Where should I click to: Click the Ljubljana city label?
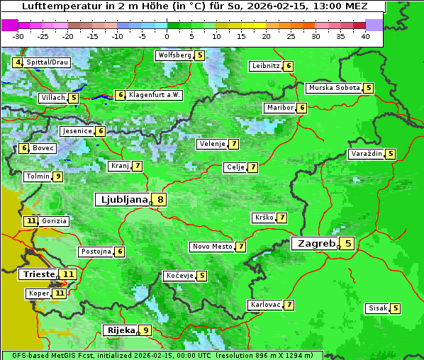click(x=122, y=200)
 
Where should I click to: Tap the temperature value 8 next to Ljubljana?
click(x=161, y=200)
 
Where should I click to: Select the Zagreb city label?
click(x=315, y=244)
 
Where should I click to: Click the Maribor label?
click(x=278, y=108)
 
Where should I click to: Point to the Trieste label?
click(x=39, y=274)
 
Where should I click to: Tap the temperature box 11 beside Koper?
click(x=60, y=293)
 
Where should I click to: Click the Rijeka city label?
click(x=120, y=330)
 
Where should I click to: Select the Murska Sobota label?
click(x=333, y=88)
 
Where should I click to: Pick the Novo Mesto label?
click(x=212, y=247)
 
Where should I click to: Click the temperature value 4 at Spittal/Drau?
click(x=17, y=62)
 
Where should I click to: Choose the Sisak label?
click(x=377, y=308)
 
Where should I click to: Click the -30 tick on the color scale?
click(x=18, y=36)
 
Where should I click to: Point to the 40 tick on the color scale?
click(x=365, y=36)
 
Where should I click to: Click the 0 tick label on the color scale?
click(x=167, y=36)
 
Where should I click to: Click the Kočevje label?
click(x=179, y=276)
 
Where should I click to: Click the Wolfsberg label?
click(x=174, y=55)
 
